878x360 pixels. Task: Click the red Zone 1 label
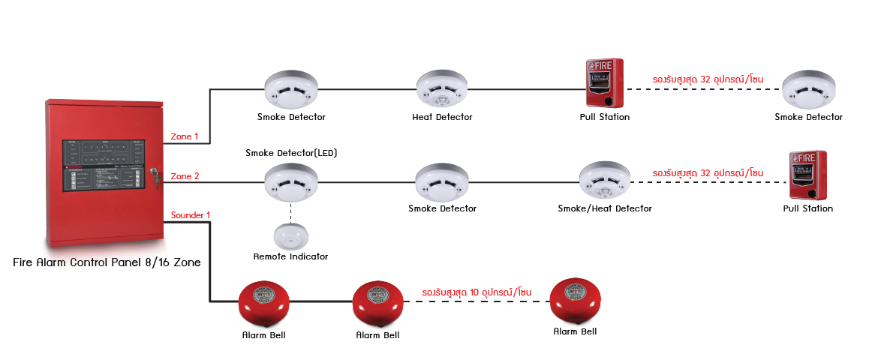pyautogui.click(x=185, y=136)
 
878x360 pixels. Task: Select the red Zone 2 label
pyautogui.click(x=185, y=176)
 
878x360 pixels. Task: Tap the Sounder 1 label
pyautogui.click(x=191, y=215)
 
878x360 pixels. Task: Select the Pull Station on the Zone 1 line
pyautogui.click(x=604, y=82)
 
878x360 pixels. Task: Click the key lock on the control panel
pyautogui.click(x=155, y=175)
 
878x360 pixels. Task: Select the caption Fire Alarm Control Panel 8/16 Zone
pyautogui.click(x=107, y=263)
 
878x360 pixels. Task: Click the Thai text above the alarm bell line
pyautogui.click(x=477, y=290)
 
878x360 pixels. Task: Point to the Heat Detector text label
pyautogui.click(x=442, y=117)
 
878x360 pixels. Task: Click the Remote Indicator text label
pyautogui.click(x=290, y=256)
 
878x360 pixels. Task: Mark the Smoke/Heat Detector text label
pyautogui.click(x=605, y=208)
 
